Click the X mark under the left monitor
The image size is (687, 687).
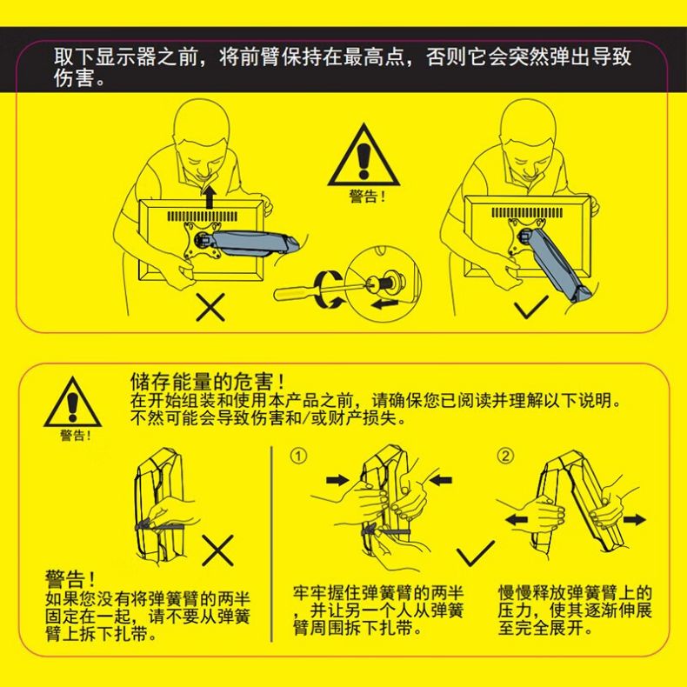coord(210,307)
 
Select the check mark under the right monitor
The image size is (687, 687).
coord(531,307)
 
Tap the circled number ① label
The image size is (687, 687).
coord(298,456)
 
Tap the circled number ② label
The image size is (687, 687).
coord(505,456)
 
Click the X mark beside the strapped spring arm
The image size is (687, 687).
coord(217,550)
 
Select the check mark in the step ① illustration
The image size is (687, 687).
coord(476,553)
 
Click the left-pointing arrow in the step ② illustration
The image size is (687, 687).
coord(517,520)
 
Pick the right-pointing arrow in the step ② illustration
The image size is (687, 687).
coord(635,520)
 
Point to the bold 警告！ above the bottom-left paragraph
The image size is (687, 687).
coord(70,579)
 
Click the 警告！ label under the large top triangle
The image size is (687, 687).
coord(367,197)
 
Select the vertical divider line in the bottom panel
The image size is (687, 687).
coord(271,544)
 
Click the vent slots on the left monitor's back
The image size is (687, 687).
coord(203,216)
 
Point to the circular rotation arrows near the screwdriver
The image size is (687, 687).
coord(330,290)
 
